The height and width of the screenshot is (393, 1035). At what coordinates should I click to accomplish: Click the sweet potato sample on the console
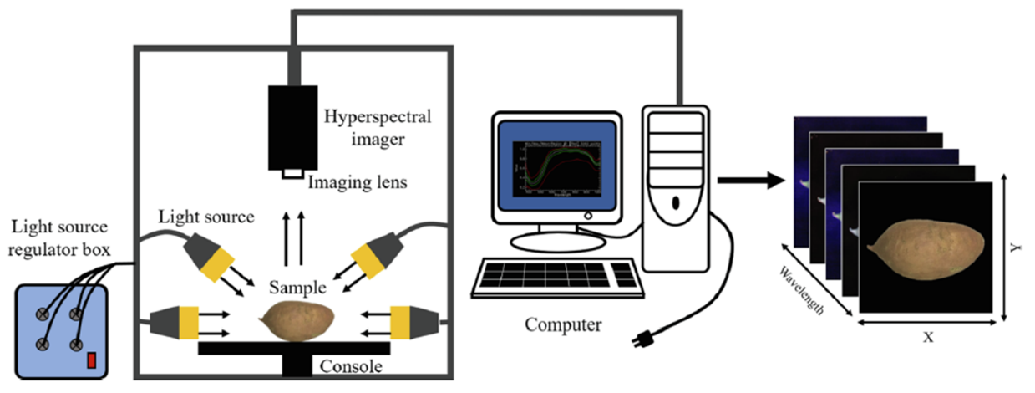pyautogui.click(x=297, y=320)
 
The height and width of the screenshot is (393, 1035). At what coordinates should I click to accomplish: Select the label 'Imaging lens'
pyautogui.click(x=358, y=181)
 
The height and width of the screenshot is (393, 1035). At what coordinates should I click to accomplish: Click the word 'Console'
pyautogui.click(x=352, y=366)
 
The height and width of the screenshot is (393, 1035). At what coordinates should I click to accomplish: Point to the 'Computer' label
pyautogui.click(x=561, y=323)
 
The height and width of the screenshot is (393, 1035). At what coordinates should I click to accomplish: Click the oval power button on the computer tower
pyautogui.click(x=675, y=203)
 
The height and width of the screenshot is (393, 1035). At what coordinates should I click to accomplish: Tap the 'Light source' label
pyautogui.click(x=207, y=217)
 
